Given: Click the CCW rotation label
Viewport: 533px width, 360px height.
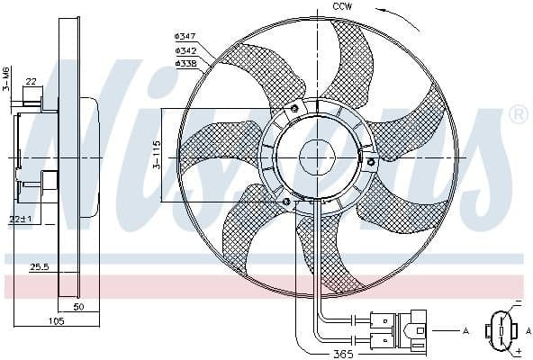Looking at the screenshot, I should click(342, 7).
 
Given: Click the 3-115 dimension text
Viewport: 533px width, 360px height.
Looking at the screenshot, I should click(154, 155).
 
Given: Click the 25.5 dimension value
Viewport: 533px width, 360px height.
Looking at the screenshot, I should click(39, 266).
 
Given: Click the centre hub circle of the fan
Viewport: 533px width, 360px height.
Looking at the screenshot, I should click(316, 156).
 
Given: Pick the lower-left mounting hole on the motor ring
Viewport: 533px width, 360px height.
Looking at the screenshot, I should click(286, 201).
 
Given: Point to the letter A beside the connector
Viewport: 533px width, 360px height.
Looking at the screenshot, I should click(466, 332).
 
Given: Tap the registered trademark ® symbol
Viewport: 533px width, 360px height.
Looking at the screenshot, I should click(519, 114).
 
